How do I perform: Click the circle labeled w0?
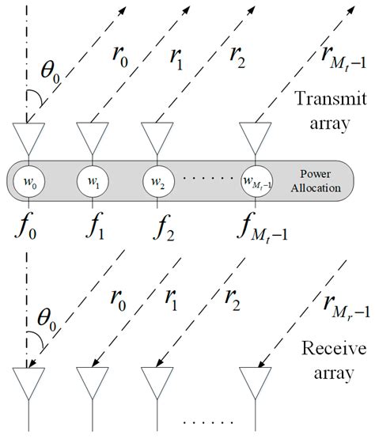(28, 184)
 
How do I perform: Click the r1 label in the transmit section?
(174, 60)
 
